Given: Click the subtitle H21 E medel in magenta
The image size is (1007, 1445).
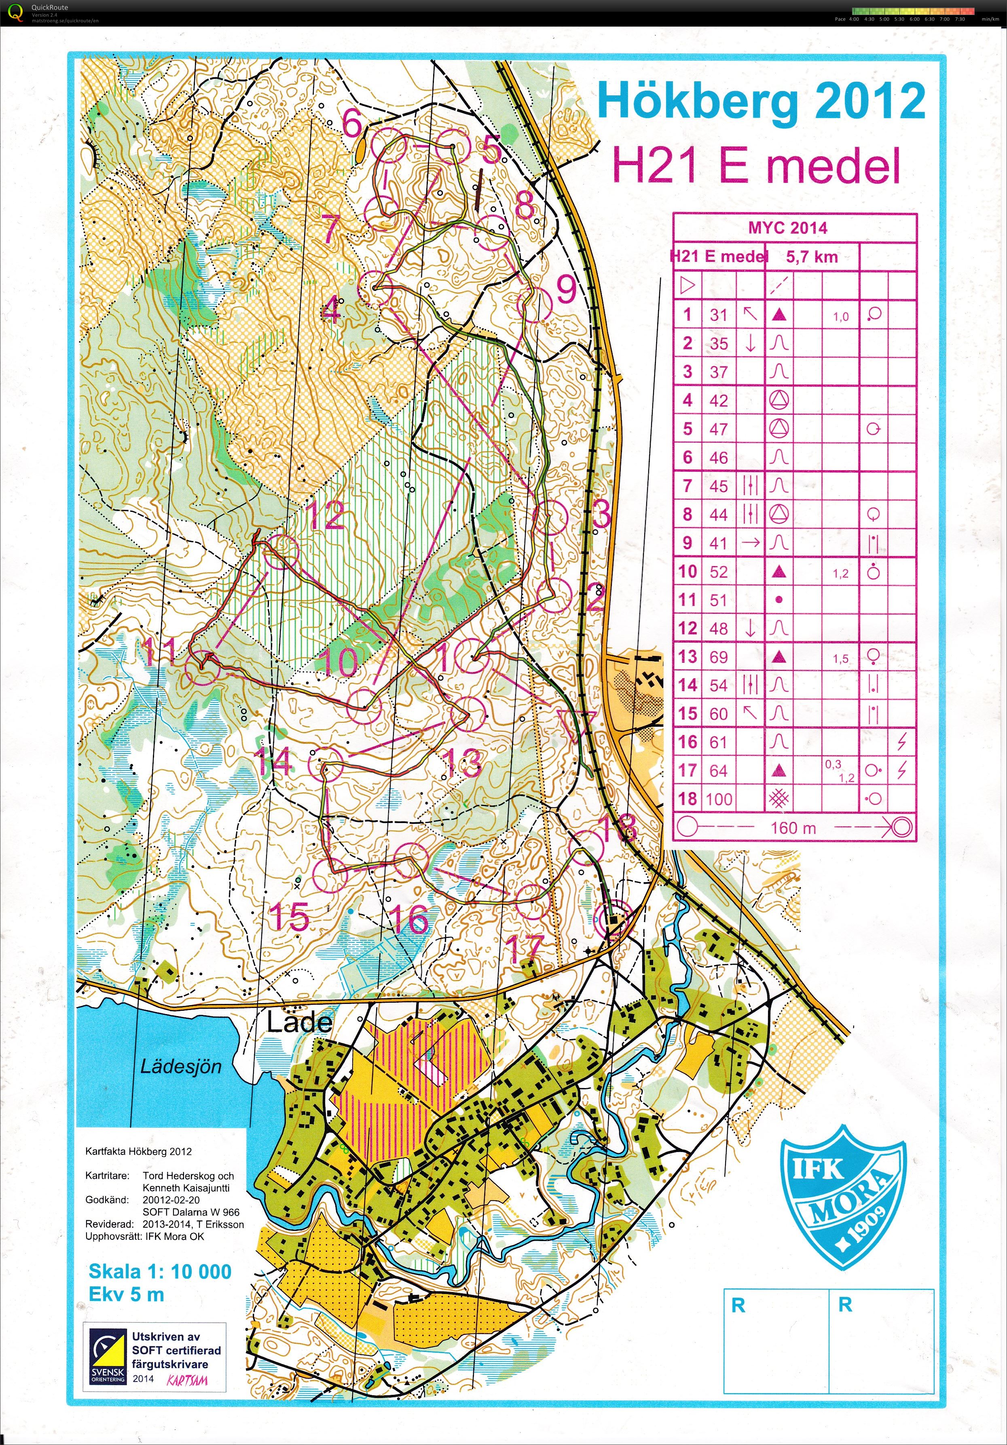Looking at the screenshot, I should [x=757, y=166].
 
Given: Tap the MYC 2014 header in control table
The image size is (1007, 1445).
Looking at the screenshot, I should [x=787, y=228].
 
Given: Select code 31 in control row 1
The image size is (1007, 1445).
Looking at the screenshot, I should [x=718, y=315].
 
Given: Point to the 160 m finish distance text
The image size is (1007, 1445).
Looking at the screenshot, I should [x=793, y=828].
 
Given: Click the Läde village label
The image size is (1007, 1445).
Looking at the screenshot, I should [x=299, y=1022].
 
